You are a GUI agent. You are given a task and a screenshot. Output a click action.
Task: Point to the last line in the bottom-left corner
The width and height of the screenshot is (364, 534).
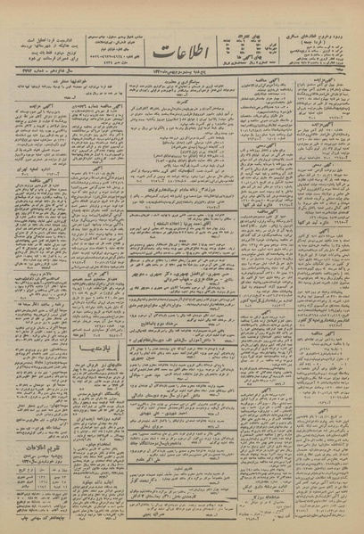(54, 526)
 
